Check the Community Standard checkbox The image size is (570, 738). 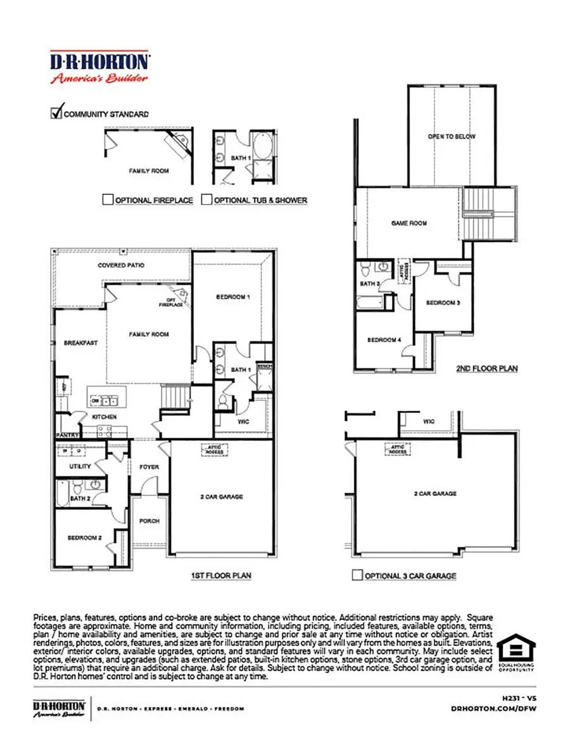56,113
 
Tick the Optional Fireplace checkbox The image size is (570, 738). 108,200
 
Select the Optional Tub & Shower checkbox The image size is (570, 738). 206,200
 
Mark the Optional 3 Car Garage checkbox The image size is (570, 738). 358,576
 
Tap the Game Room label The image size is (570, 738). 409,223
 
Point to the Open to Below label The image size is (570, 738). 452,137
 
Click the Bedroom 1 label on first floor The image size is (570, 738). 233,296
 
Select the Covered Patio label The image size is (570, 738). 120,265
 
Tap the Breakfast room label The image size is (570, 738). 80,343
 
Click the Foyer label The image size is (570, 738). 149,467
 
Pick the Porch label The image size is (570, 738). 149,521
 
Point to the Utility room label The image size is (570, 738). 80,466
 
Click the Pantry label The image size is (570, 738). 66,435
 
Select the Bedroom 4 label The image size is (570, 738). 384,340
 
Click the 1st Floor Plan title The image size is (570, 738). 221,575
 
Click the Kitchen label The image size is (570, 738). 103,417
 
